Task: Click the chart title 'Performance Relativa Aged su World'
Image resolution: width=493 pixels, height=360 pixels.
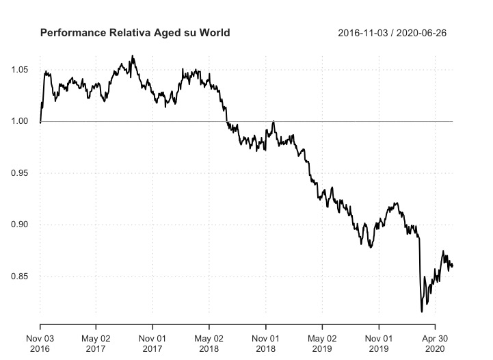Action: pyautogui.click(x=135, y=33)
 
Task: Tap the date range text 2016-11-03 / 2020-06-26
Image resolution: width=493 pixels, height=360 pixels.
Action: pyautogui.click(x=392, y=33)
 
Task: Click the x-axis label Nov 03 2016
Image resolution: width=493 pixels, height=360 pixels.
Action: pyautogui.click(x=40, y=343)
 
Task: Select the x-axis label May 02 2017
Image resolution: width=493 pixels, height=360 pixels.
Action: pyautogui.click(x=96, y=343)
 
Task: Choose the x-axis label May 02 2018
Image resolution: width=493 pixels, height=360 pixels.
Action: pyautogui.click(x=209, y=343)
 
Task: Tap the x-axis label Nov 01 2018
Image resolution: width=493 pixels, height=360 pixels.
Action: pyautogui.click(x=265, y=343)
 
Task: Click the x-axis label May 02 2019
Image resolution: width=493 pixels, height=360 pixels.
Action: pyautogui.click(x=322, y=343)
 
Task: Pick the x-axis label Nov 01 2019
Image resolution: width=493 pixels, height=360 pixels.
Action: pyautogui.click(x=378, y=343)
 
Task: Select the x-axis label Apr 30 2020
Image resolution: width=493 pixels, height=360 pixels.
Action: pyautogui.click(x=434, y=343)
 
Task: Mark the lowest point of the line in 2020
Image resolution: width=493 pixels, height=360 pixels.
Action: pyautogui.click(x=421, y=311)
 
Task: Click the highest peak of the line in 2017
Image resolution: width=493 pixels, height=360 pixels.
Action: pyautogui.click(x=133, y=56)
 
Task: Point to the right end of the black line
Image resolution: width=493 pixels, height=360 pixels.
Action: pyautogui.click(x=453, y=266)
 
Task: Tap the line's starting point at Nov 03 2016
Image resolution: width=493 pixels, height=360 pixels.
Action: pyautogui.click(x=40, y=122)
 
